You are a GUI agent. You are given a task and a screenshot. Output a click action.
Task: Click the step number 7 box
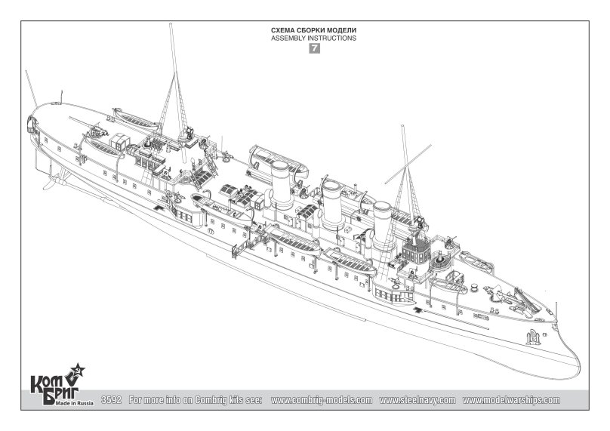(x=314, y=48)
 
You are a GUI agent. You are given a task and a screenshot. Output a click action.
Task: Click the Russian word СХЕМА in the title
(x=282, y=30)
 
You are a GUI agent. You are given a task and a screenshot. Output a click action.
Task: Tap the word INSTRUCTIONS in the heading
(x=331, y=38)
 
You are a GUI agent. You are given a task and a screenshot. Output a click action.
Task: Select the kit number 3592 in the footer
(x=111, y=400)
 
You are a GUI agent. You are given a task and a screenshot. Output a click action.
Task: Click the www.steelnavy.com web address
(x=417, y=400)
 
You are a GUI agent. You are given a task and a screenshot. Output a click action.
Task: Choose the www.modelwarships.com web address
(x=511, y=400)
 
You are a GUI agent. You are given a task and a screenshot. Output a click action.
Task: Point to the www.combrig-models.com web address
(x=322, y=400)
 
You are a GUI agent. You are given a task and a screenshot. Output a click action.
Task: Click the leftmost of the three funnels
(x=282, y=183)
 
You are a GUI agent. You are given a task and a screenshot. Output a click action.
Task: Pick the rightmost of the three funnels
(x=384, y=225)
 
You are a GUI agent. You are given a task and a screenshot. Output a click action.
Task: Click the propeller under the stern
(x=54, y=181)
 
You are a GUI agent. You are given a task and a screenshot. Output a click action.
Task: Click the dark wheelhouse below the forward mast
(x=416, y=249)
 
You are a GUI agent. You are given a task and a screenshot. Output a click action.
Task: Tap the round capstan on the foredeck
(x=474, y=288)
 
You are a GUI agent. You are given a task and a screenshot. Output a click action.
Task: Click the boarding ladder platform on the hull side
(x=241, y=248)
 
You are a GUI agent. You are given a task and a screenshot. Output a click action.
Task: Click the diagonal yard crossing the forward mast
(x=408, y=164)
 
